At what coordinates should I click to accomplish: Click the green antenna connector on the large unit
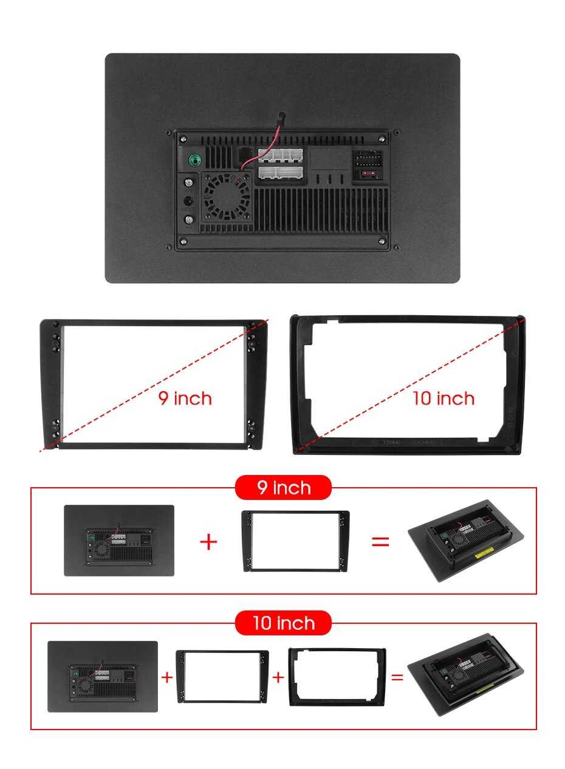(196, 160)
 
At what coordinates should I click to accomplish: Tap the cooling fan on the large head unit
(227, 196)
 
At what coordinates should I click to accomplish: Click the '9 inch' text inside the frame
(185, 398)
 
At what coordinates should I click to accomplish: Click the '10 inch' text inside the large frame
(443, 398)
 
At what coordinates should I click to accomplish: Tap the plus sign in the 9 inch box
(208, 542)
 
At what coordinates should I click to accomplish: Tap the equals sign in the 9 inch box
(380, 542)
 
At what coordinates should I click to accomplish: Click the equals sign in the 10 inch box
(397, 677)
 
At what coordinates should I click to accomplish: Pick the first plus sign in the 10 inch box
(167, 677)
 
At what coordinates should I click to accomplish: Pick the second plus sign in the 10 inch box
(278, 677)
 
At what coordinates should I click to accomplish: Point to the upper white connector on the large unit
(281, 156)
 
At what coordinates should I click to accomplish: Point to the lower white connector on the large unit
(281, 173)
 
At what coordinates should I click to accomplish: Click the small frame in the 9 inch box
(295, 541)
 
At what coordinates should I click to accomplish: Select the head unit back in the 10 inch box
(103, 676)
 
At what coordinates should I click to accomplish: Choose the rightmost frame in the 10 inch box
(337, 676)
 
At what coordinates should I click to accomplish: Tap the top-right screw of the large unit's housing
(382, 139)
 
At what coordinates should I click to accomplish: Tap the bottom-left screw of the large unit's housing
(183, 241)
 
